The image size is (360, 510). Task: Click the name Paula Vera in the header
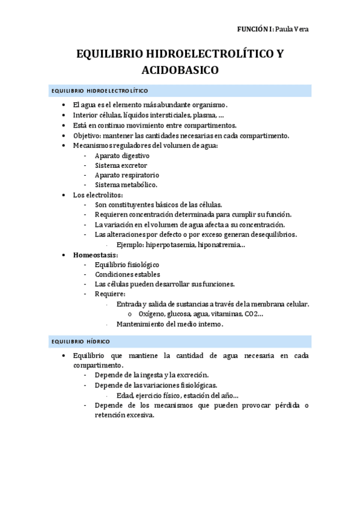(x=291, y=29)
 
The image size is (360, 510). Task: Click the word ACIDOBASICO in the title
(x=180, y=70)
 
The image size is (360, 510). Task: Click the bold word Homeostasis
(x=95, y=254)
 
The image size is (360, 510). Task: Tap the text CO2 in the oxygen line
(x=252, y=314)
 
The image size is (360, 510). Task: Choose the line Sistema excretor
(x=120, y=165)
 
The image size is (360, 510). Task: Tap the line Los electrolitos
(x=98, y=195)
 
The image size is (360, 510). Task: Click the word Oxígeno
(x=152, y=314)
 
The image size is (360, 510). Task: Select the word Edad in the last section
(x=124, y=395)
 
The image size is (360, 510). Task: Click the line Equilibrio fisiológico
(x=127, y=265)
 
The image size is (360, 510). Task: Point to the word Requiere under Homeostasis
(x=109, y=294)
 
